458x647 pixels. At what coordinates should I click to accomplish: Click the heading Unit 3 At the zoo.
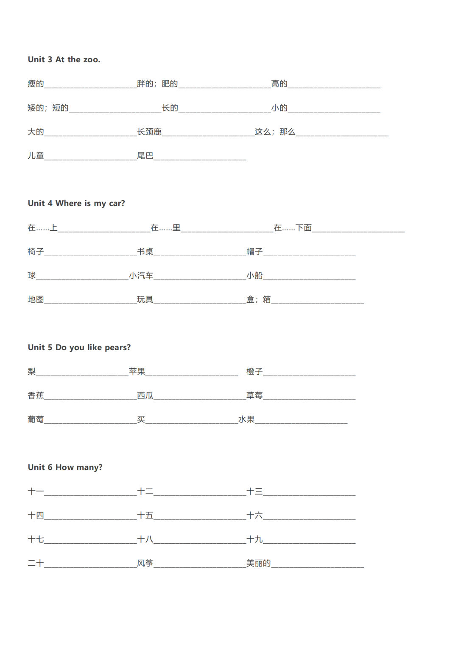point(64,60)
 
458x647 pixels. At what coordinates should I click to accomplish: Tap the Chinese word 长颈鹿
point(149,132)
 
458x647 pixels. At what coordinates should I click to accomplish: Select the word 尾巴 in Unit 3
point(145,156)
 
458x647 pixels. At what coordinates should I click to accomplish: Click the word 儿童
point(36,156)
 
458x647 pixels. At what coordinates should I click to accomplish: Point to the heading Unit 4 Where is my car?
point(76,203)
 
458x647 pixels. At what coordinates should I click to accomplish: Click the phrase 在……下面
point(293,228)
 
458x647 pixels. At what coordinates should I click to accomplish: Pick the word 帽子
point(254,252)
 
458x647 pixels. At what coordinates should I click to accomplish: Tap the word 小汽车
point(141,276)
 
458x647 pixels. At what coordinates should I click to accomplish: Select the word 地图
point(36,299)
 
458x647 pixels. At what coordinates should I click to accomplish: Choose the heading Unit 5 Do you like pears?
point(79,347)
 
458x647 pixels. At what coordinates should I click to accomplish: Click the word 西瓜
point(145,395)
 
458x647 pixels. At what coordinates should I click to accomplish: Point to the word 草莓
point(254,395)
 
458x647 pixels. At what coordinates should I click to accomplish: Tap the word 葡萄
point(36,419)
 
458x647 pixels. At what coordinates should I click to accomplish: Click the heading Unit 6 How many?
point(65,467)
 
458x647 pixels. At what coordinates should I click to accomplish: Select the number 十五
point(145,515)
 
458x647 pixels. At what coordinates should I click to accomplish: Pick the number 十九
point(254,539)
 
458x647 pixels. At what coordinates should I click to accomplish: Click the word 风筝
point(145,563)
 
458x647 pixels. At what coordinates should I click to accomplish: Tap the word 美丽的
point(259,563)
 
